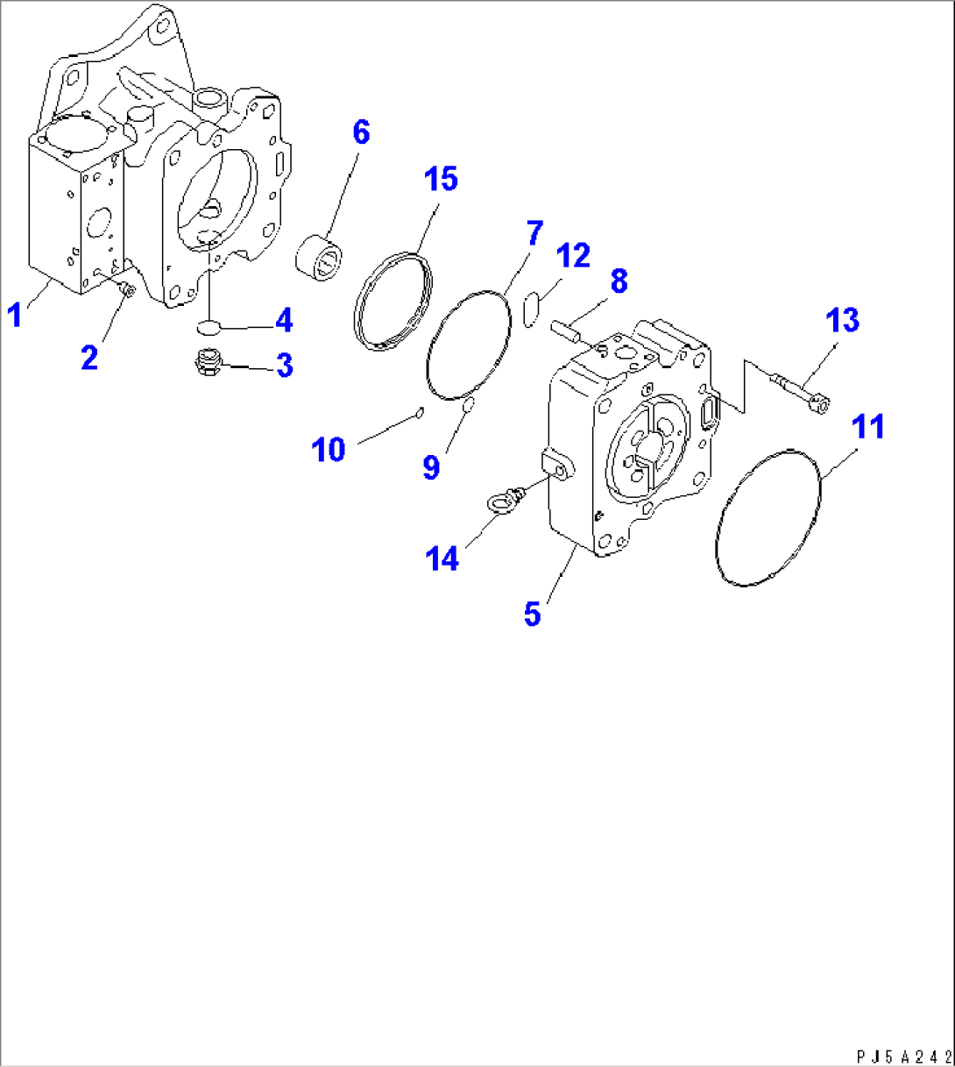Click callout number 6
[361, 133]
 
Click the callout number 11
[869, 427]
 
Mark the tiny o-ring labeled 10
[420, 412]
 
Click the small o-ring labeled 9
[468, 403]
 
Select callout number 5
[533, 614]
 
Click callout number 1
[14, 313]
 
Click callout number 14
[442, 558]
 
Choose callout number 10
[329, 450]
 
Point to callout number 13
[842, 320]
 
